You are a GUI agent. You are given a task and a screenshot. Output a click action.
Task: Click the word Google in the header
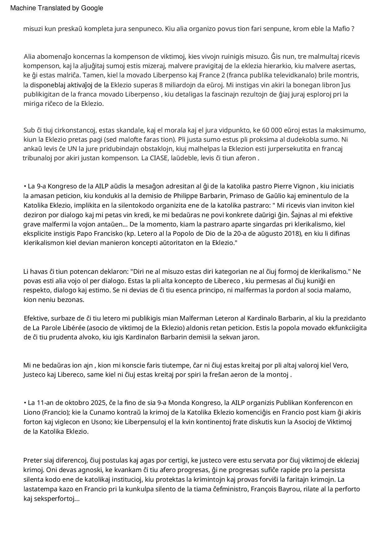click(92, 8)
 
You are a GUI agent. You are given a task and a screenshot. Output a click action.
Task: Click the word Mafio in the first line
click(341, 29)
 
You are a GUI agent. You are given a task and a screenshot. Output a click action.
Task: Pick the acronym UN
click(72, 149)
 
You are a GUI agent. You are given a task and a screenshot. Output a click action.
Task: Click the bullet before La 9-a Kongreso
click(25, 186)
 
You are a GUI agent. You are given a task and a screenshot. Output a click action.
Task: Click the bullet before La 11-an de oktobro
click(25, 403)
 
